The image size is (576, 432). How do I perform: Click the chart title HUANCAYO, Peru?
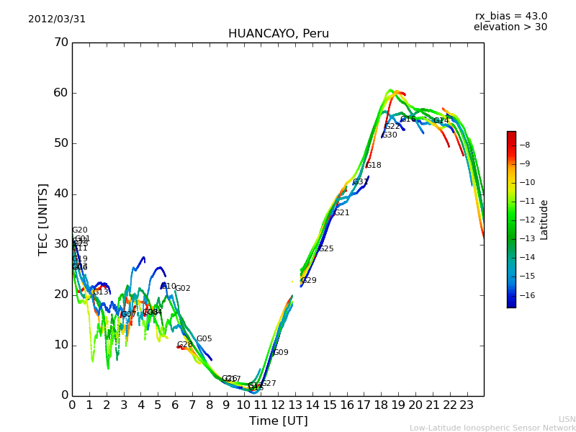[x=278, y=34]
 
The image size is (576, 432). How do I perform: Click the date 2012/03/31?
[x=57, y=19]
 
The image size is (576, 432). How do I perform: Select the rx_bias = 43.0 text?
[x=510, y=17]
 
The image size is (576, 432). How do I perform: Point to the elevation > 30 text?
[x=510, y=27]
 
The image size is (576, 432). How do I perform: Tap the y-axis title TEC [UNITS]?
[x=43, y=219]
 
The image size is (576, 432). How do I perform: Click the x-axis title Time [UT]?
[x=278, y=421]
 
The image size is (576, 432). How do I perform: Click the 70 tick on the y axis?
[x=60, y=42]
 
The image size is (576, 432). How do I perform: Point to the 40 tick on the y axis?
[x=60, y=194]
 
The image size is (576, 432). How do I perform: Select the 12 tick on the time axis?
[x=278, y=405]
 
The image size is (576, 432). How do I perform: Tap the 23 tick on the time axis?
[x=467, y=405]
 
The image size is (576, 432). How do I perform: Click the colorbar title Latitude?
[x=544, y=220]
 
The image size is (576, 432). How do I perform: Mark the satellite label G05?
[x=204, y=339]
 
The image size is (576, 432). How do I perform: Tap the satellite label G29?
[x=309, y=281]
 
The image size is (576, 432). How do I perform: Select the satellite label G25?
[x=326, y=249]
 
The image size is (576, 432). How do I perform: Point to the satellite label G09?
[x=281, y=353]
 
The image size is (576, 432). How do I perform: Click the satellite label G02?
[x=183, y=289]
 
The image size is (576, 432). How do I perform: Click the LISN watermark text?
[x=567, y=419]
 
